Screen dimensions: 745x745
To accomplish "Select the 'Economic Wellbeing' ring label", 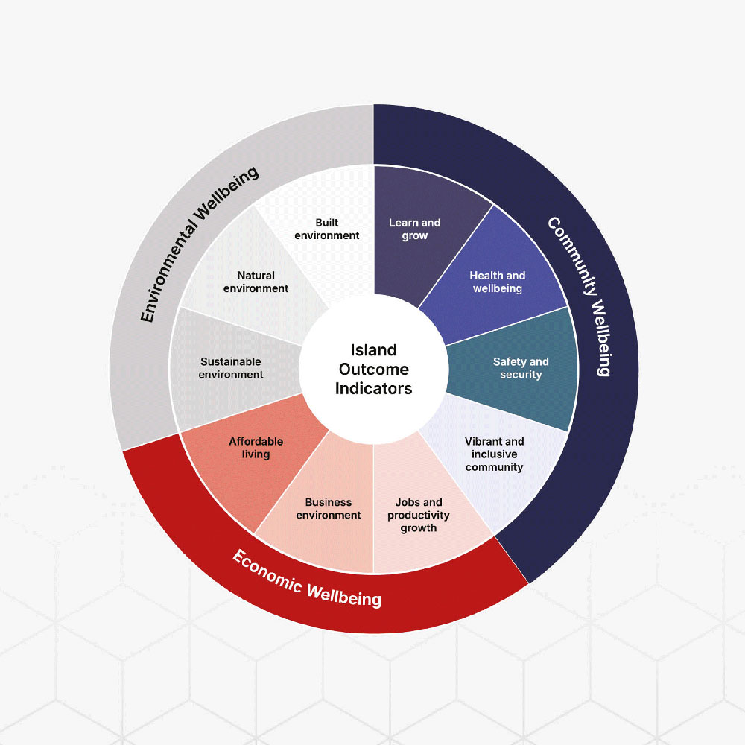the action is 306,580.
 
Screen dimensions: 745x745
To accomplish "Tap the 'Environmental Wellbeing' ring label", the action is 199,244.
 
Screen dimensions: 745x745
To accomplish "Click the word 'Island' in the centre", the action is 373,350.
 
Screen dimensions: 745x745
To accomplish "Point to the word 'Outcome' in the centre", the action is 373,370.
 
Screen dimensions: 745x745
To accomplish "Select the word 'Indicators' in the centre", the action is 373,389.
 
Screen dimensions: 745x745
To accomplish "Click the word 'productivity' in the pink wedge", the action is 418,516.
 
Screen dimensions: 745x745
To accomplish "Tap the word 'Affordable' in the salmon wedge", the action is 256,441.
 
